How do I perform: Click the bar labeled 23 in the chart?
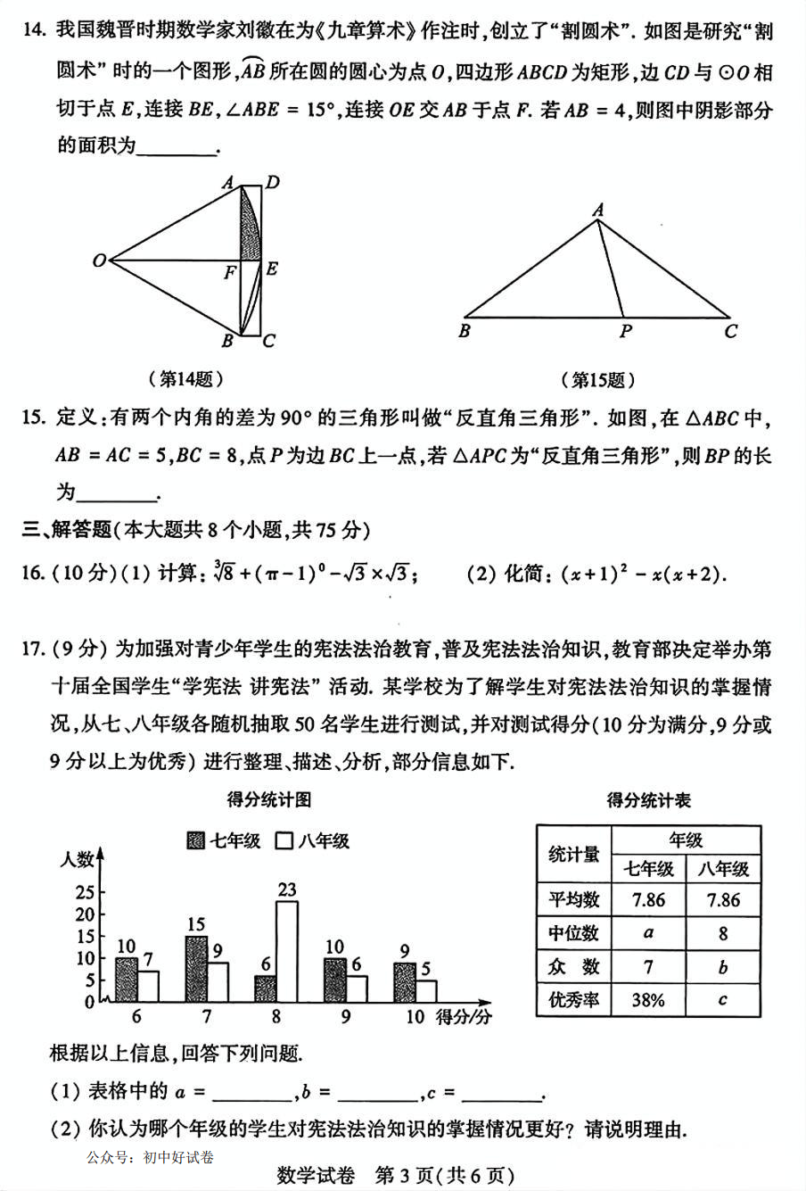286,951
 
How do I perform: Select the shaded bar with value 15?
197,969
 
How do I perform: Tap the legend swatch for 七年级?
196,840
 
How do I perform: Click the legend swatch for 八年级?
285,840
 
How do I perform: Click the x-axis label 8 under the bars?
276,1017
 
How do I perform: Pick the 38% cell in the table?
648,1000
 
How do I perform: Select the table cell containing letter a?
648,933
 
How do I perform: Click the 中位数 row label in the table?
574,933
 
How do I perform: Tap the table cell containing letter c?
722,1000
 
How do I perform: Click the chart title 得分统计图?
269,799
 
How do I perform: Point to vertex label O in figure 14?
100,261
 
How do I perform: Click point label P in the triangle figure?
625,331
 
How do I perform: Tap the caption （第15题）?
598,380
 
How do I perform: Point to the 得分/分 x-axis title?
464,1017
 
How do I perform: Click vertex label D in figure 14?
273,183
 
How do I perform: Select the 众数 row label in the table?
574,967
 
